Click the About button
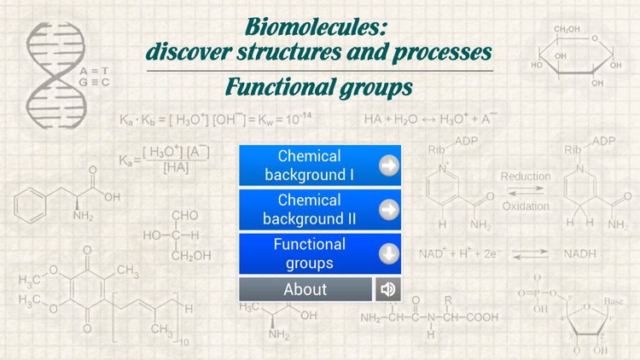pyautogui.click(x=305, y=289)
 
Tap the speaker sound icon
pyautogui.click(x=388, y=289)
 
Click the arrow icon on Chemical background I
pyautogui.click(x=389, y=165)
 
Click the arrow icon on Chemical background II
pyautogui.click(x=389, y=209)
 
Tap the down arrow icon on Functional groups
pyautogui.click(x=389, y=253)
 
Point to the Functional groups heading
pyautogui.click(x=318, y=87)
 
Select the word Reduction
pyautogui.click(x=526, y=177)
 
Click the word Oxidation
pyautogui.click(x=526, y=206)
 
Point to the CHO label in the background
pyautogui.click(x=184, y=216)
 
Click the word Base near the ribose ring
pyautogui.click(x=614, y=301)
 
